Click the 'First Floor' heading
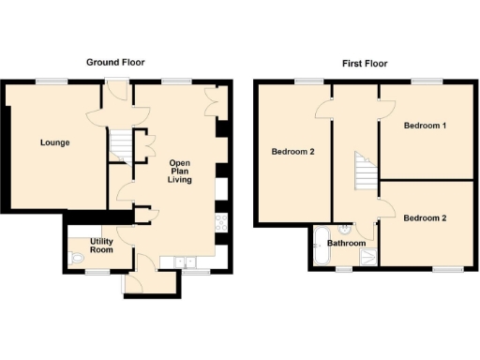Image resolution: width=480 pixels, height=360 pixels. (364, 64)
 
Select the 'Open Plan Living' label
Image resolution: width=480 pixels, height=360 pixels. (180, 172)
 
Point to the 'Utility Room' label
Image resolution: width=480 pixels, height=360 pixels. (101, 247)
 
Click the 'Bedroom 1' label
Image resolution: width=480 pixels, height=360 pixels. (425, 125)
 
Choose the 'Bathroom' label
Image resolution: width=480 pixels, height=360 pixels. (347, 243)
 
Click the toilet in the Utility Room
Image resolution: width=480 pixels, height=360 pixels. (75, 259)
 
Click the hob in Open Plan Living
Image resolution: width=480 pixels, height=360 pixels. (221, 223)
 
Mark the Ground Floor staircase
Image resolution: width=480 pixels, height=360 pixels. (119, 145)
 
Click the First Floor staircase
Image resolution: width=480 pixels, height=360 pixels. (362, 174)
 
